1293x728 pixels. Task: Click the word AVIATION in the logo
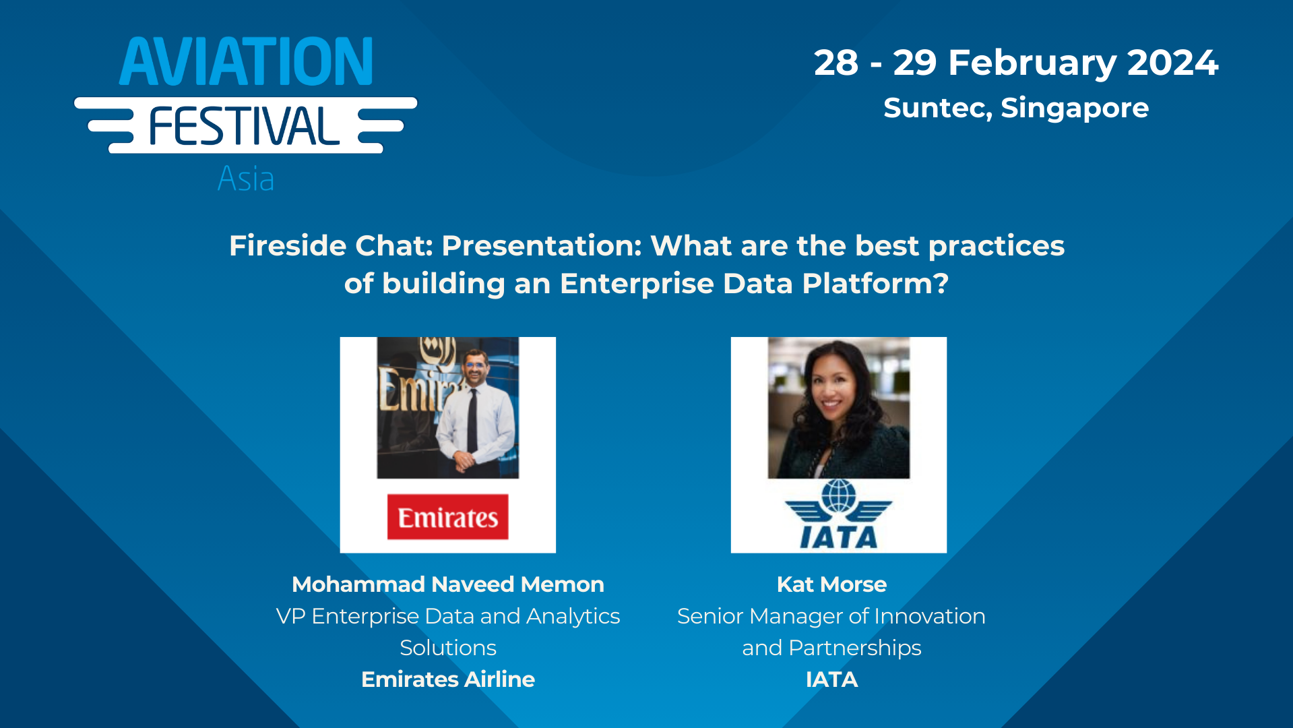click(x=246, y=62)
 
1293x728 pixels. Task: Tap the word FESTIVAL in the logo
click(x=244, y=127)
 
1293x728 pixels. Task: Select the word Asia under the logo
click(x=246, y=179)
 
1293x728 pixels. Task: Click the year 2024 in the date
click(x=1172, y=63)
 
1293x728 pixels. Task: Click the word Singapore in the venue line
click(x=1075, y=108)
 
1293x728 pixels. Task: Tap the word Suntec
click(x=937, y=108)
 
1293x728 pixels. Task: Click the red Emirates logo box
click(x=447, y=517)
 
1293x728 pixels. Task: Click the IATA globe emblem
click(x=838, y=497)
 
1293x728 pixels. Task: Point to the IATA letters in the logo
click(x=838, y=537)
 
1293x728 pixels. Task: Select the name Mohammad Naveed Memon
click(x=447, y=584)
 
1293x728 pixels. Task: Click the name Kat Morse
click(x=831, y=584)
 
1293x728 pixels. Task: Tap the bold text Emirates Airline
click(x=447, y=679)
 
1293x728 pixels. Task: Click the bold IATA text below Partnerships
click(x=831, y=679)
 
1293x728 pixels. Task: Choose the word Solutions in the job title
click(x=447, y=648)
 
